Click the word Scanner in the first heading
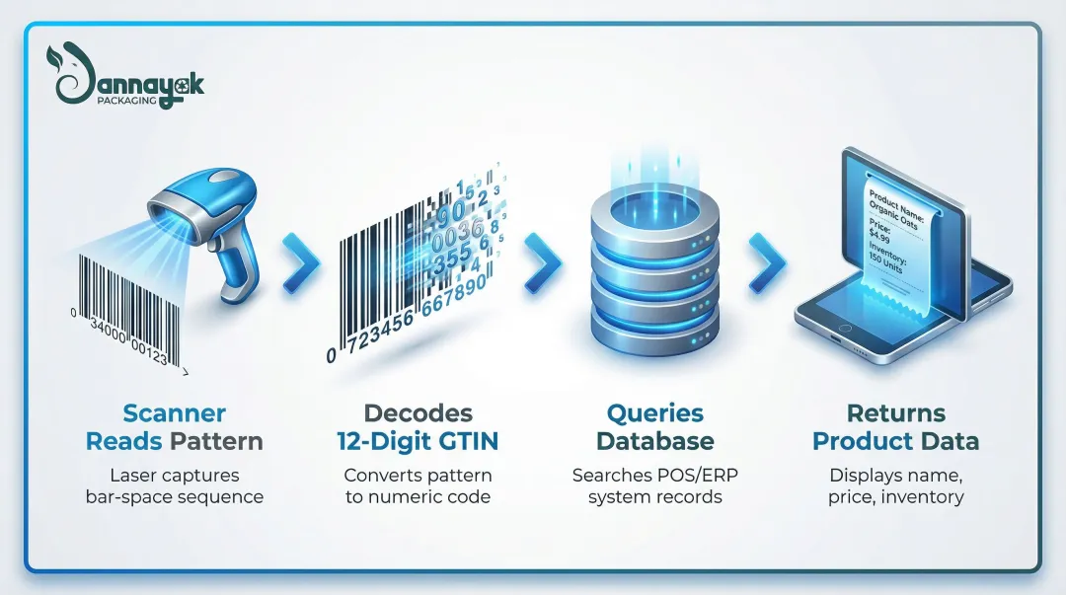point(175,413)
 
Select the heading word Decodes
point(418,413)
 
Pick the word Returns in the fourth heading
point(895,413)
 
